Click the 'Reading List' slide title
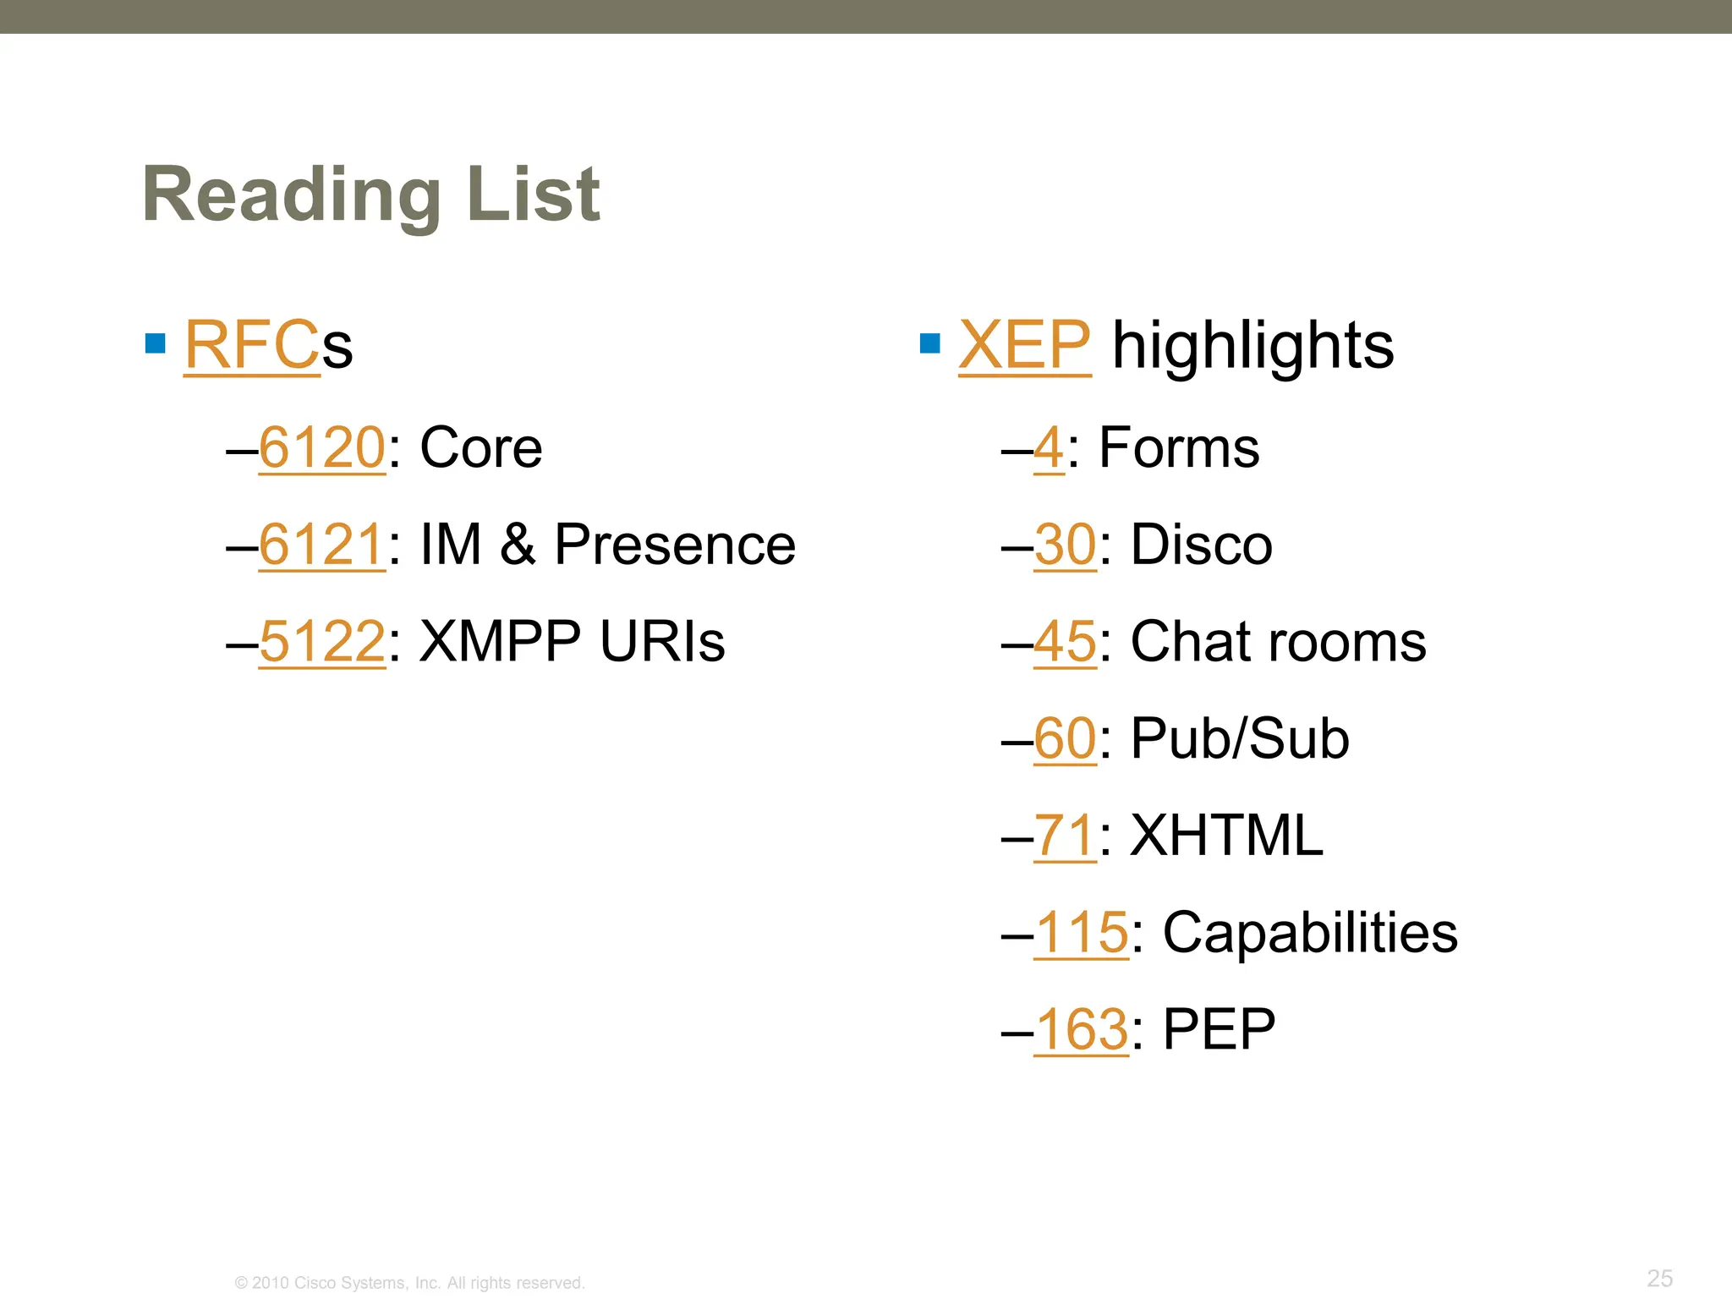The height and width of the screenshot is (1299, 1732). (x=371, y=195)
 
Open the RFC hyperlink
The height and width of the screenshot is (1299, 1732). (x=252, y=345)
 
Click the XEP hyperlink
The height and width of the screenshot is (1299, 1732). (x=1024, y=345)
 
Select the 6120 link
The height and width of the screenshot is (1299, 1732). (x=322, y=447)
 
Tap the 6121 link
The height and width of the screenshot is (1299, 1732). (x=322, y=544)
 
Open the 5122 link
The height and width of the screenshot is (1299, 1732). (x=322, y=641)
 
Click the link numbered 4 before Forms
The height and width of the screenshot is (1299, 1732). (x=1049, y=447)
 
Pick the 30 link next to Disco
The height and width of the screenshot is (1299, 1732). (x=1065, y=544)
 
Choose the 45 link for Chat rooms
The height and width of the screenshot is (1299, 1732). (x=1065, y=641)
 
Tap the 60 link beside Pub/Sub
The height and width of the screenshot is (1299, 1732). (x=1065, y=738)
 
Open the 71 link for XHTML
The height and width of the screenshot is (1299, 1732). (x=1065, y=836)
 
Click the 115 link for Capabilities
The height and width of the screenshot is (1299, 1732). (x=1081, y=932)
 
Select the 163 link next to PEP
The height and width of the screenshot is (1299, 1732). (x=1081, y=1029)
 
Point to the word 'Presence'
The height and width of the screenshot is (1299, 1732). (x=675, y=544)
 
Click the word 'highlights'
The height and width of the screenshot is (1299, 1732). (x=1252, y=345)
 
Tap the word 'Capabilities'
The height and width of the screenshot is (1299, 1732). (x=1310, y=932)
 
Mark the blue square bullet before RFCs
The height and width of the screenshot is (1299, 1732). (x=156, y=343)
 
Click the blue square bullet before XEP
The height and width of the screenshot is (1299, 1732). (x=929, y=343)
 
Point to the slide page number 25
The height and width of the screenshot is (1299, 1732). (x=1659, y=1278)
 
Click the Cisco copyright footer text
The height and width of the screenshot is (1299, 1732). (x=409, y=1283)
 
